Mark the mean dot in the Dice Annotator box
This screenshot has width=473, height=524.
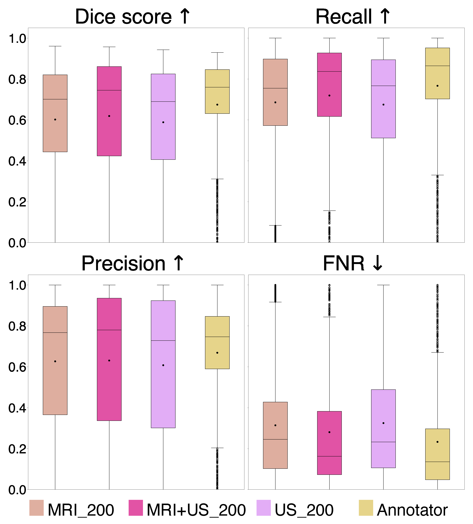point(217,105)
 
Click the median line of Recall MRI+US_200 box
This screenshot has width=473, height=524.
point(329,71)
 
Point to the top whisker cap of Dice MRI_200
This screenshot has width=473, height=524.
point(55,46)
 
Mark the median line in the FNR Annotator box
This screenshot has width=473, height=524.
point(437,462)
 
